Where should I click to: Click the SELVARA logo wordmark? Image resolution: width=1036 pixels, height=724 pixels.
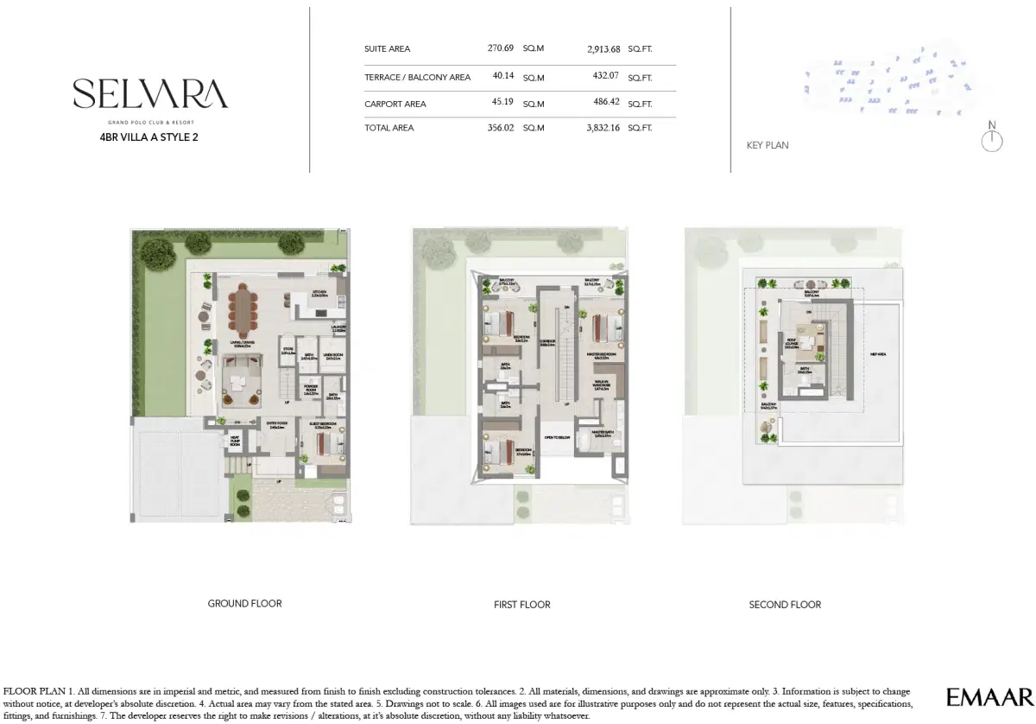click(150, 94)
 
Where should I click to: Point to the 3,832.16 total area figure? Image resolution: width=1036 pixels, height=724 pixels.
click(603, 128)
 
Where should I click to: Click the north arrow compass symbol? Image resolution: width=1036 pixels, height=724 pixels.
click(992, 139)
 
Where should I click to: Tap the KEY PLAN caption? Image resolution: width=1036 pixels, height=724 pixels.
click(767, 146)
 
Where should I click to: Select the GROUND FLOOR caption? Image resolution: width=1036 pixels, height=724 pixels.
click(244, 603)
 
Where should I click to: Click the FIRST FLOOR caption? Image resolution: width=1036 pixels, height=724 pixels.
click(521, 605)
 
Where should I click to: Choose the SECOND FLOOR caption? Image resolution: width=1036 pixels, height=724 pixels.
click(785, 605)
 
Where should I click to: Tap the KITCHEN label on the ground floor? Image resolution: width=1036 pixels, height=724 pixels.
click(319, 293)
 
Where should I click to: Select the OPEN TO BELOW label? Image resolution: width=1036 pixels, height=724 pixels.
click(557, 438)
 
